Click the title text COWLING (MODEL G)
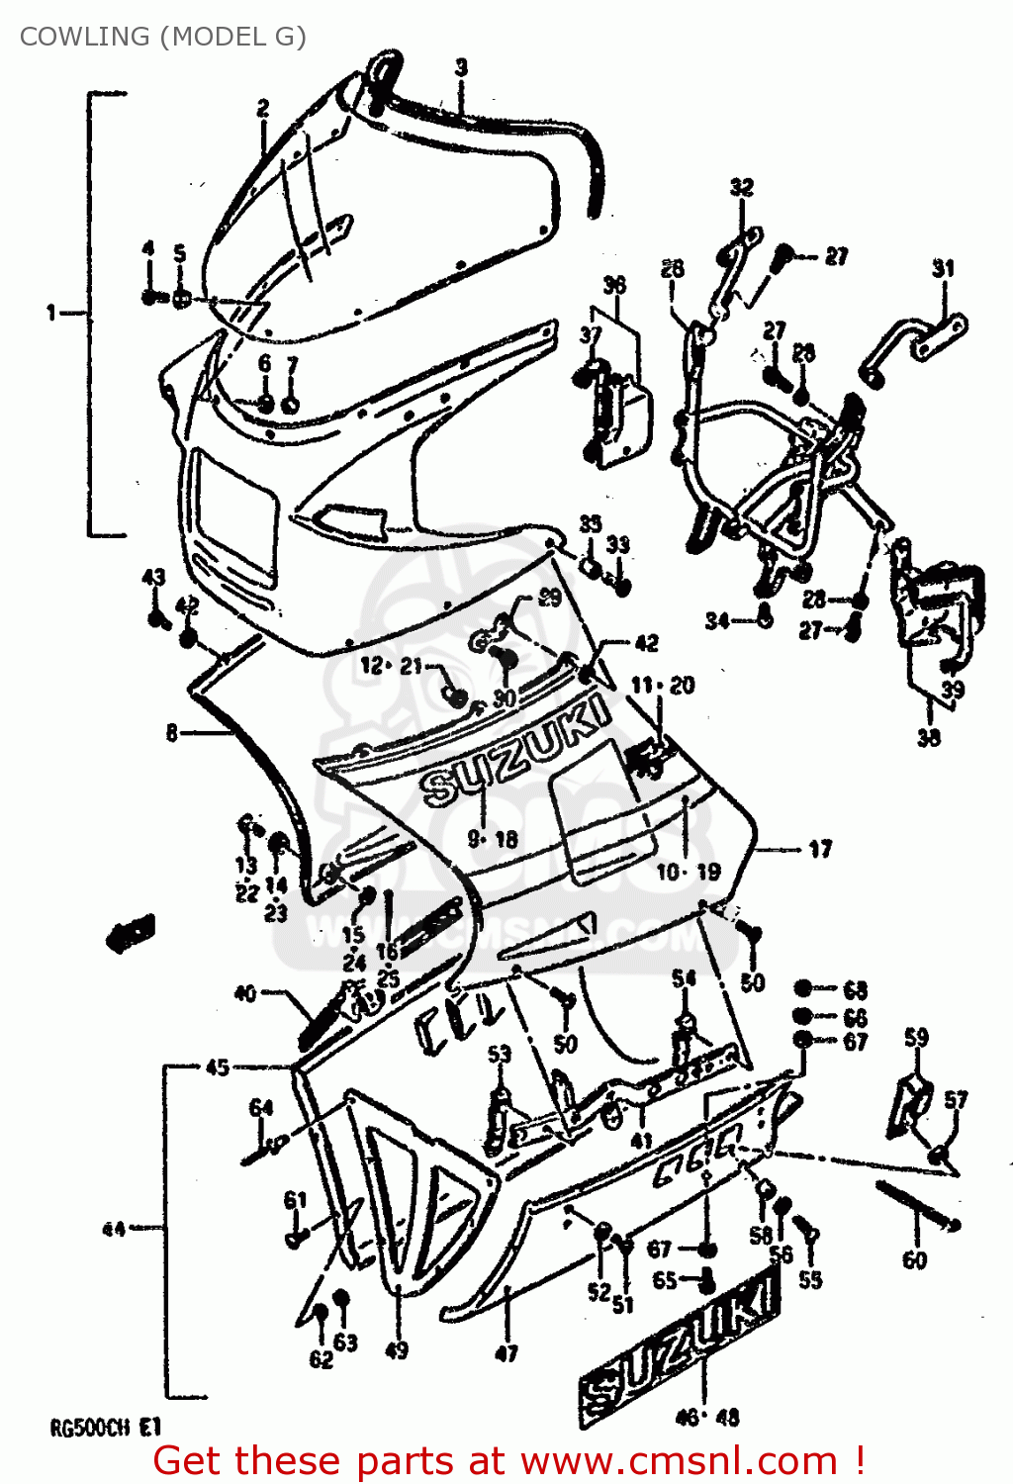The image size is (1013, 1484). (x=163, y=37)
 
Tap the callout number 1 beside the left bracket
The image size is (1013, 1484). (x=50, y=313)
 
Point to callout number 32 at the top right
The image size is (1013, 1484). (x=741, y=187)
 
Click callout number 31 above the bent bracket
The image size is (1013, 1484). (x=943, y=268)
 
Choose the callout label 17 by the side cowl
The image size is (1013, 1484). (x=820, y=849)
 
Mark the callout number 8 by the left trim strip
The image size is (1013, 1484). (x=172, y=733)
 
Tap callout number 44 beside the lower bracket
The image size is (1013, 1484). (x=114, y=1229)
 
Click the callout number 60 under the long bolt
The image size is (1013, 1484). (x=914, y=1259)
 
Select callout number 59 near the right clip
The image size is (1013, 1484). (x=916, y=1037)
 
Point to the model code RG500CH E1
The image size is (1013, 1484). (x=105, y=1428)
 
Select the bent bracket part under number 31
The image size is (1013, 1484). (x=912, y=342)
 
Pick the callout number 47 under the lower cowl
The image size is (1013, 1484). (x=506, y=1352)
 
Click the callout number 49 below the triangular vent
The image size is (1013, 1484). (x=396, y=1349)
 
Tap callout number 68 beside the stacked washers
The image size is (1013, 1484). (x=855, y=989)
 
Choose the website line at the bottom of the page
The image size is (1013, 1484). (x=508, y=1460)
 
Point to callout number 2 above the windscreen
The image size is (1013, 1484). (x=263, y=108)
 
